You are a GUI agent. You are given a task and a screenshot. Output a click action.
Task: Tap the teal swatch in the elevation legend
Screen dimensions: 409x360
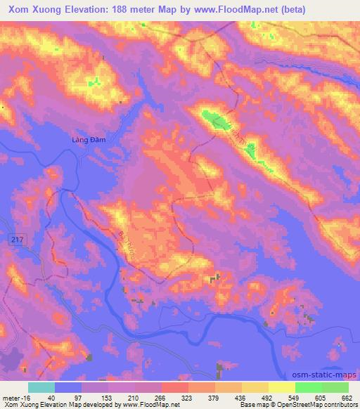[x=41, y=387]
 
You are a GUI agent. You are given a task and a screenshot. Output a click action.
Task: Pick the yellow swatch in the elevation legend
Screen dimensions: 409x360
[x=282, y=387]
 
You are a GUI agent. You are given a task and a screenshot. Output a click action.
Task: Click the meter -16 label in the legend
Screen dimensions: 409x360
[x=16, y=397]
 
